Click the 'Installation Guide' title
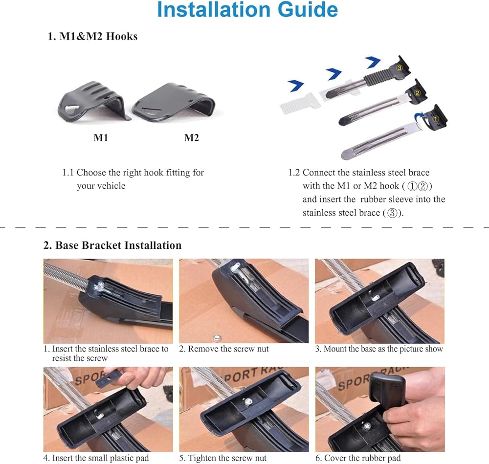pos(247,10)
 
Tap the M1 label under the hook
pos(101,137)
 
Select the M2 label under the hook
pos(192,137)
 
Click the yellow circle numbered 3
pos(400,67)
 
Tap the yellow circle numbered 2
pos(417,92)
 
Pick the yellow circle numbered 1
pos(436,119)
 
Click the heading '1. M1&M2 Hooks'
pos(92,36)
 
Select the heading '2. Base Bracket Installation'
pos(112,245)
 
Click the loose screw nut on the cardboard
pos(217,338)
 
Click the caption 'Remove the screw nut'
pos(228,349)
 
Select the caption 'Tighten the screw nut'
pos(227,458)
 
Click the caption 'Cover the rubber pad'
pos(362,458)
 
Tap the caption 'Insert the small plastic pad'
pos(100,458)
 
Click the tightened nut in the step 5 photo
pos(248,402)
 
